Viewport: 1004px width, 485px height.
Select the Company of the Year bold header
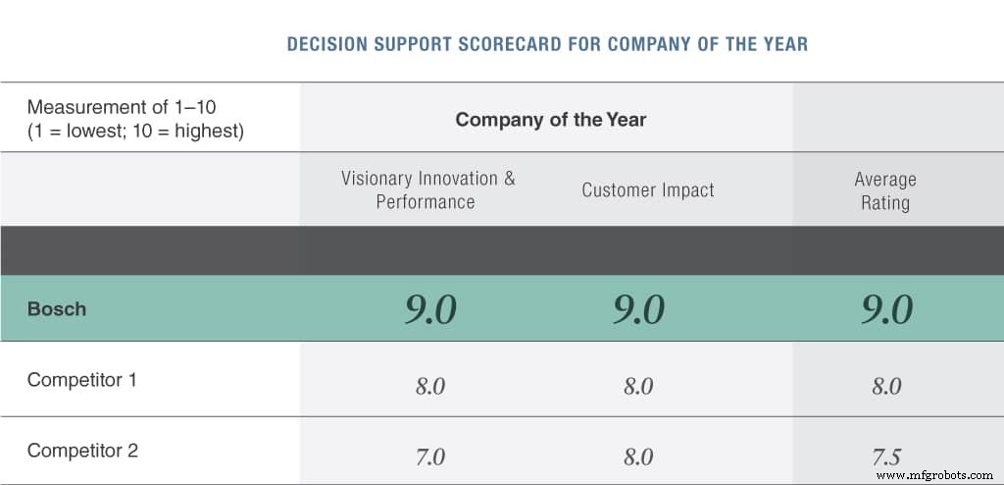550,120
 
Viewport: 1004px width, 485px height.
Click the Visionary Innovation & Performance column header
427,190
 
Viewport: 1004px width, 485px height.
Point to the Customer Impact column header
648,190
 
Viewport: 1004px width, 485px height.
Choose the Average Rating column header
885,191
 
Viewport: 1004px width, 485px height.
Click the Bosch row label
57,309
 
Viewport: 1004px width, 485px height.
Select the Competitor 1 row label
82,380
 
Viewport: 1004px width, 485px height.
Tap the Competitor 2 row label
82,452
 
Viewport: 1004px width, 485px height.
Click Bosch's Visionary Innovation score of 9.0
430,310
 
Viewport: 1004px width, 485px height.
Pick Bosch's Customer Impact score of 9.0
638,310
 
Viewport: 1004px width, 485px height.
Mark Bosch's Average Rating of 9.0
887,310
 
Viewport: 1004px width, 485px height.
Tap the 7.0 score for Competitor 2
430,458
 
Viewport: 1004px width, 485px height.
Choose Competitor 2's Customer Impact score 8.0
638,458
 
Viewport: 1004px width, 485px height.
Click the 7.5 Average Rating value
887,458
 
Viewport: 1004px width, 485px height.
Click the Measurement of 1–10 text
122,107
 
